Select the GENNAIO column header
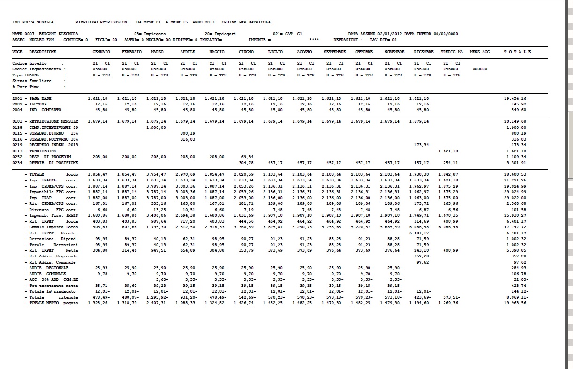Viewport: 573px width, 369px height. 101,52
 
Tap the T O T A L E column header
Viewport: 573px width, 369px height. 518,52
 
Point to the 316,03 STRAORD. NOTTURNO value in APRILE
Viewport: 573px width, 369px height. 188,139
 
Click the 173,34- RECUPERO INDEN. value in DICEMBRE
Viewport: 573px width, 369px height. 422,145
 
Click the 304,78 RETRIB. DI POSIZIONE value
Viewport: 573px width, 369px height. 246,163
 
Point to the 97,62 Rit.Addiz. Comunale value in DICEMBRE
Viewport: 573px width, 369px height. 422,262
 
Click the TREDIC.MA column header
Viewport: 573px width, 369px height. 452,52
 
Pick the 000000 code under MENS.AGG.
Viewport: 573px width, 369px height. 480,69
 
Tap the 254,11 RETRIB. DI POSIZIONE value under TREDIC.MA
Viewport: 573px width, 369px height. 451,163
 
